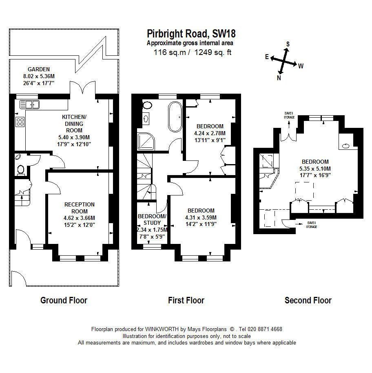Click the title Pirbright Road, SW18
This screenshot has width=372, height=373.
(191, 33)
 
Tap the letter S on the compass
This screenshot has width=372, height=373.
(288, 44)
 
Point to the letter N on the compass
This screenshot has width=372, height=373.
(279, 78)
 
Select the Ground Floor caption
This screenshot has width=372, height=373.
(64, 301)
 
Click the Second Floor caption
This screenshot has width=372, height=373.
(308, 301)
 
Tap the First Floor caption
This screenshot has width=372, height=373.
(186, 301)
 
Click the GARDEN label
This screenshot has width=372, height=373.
(39, 69)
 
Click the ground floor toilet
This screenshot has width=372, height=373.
(20, 169)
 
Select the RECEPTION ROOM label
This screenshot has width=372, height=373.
(80, 208)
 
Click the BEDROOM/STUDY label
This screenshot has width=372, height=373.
(152, 219)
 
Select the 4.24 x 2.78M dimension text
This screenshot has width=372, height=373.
(210, 133)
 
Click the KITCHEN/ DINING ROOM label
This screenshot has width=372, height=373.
(73, 124)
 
